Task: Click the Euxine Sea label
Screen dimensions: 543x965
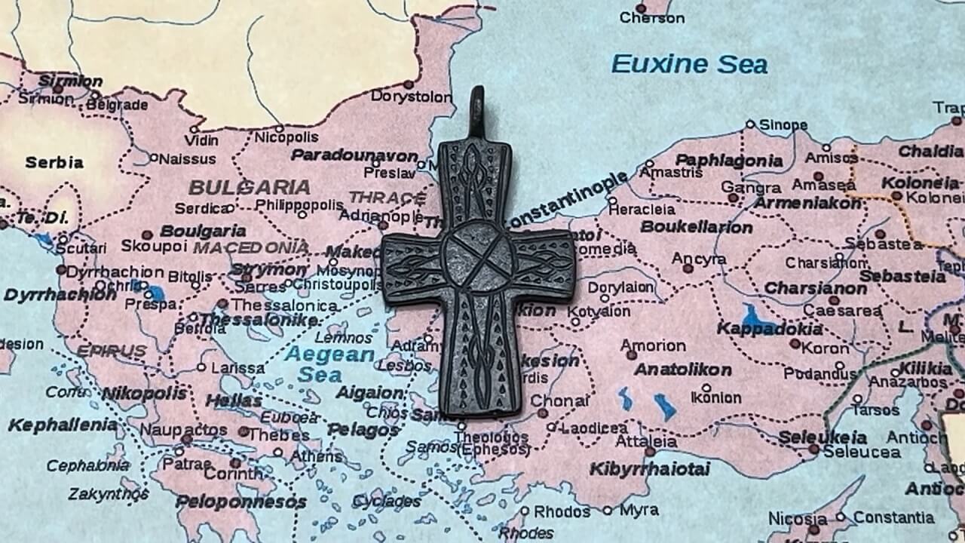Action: tap(689, 64)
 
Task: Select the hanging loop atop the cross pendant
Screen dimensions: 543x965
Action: tap(476, 113)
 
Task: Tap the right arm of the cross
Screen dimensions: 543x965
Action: tap(544, 260)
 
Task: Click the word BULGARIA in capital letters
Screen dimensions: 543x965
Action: tap(249, 187)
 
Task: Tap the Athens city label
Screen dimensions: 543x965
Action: tap(317, 456)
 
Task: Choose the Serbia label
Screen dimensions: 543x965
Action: tap(54, 162)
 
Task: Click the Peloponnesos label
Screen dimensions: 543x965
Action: tap(240, 502)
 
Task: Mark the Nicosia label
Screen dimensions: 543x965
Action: tap(798, 518)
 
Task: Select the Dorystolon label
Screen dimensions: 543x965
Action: tap(405, 96)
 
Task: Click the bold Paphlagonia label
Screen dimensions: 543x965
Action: tap(728, 160)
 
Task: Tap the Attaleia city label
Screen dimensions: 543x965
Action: tap(645, 441)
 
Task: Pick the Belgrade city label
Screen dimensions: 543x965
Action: tap(117, 105)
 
